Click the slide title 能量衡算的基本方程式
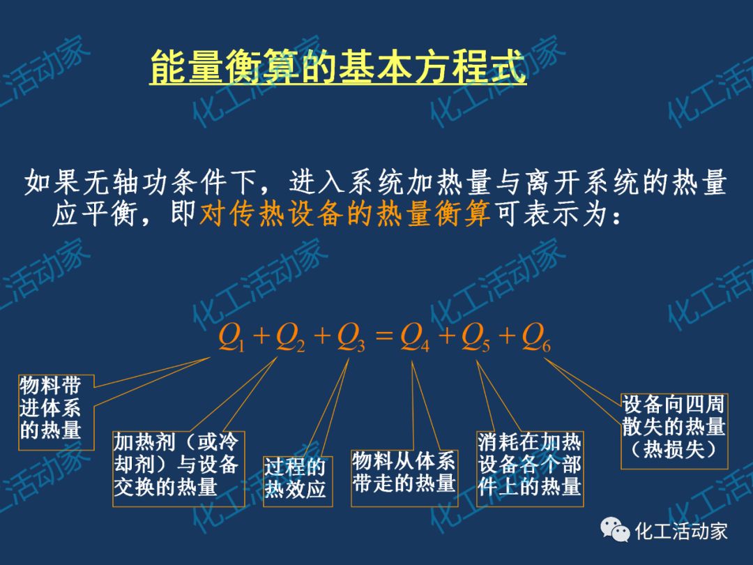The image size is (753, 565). tap(337, 67)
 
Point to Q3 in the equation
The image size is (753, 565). tap(351, 338)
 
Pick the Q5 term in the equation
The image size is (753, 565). tap(475, 338)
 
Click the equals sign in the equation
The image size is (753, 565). tap(384, 338)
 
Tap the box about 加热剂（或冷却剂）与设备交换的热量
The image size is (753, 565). tap(176, 465)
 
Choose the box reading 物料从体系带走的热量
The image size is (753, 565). tap(404, 473)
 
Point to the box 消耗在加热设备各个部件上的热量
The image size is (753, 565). tap(529, 465)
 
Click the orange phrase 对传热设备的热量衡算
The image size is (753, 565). tap(345, 215)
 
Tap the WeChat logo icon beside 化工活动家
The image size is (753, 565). tap(615, 532)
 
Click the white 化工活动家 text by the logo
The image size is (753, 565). tap(680, 532)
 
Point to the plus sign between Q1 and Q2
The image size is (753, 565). tap(261, 338)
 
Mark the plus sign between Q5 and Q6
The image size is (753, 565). tap(506, 338)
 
